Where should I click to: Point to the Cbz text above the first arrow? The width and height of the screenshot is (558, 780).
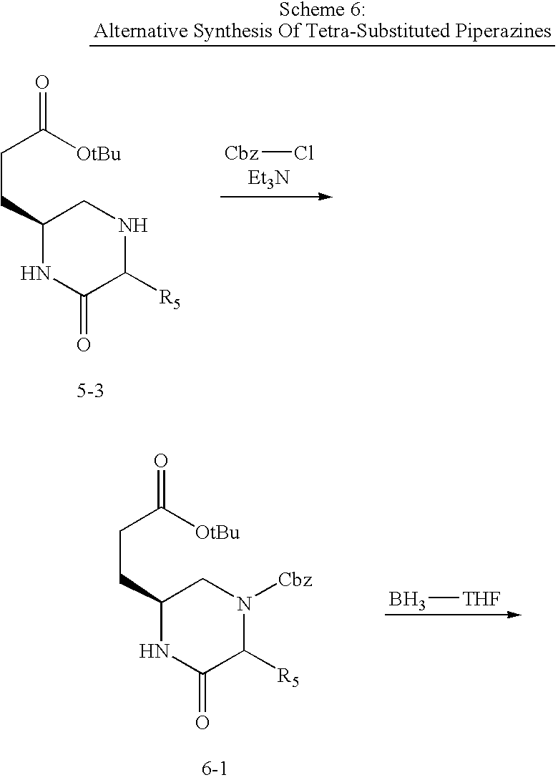tap(241, 154)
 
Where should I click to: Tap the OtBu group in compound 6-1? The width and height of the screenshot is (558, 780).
tap(217, 533)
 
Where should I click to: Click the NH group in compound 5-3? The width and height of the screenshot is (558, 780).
tap(133, 227)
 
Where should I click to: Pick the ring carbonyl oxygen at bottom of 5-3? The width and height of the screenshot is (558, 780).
tap(84, 345)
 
